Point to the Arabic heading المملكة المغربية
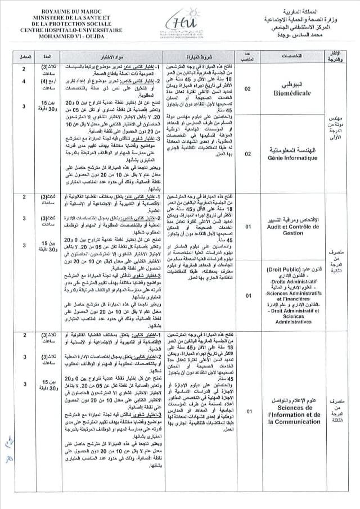tap(306, 11)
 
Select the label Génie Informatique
tap(290, 159)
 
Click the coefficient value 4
tap(24, 82)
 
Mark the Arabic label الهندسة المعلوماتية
tap(290, 151)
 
